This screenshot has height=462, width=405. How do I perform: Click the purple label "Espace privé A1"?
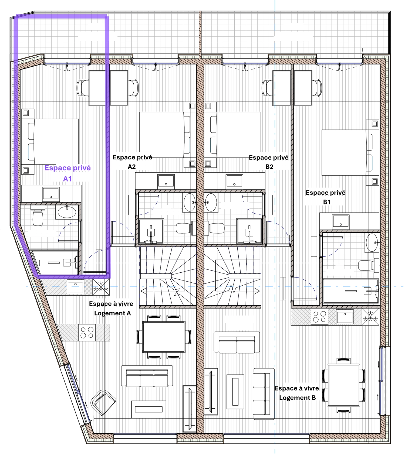(x=67, y=173)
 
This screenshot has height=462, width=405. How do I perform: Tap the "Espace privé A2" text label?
(x=132, y=162)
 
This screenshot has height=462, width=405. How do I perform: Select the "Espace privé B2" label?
(x=269, y=162)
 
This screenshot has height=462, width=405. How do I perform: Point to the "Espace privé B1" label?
(x=326, y=197)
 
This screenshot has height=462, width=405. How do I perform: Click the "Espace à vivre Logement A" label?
(x=111, y=308)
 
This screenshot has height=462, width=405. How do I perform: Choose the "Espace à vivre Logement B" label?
(x=297, y=393)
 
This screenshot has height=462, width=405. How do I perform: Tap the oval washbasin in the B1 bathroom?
(x=372, y=242)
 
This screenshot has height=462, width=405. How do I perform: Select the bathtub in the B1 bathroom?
(x=351, y=291)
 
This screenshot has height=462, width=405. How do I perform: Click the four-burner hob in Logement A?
(x=87, y=333)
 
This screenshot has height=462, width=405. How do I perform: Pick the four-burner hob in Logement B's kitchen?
(x=319, y=317)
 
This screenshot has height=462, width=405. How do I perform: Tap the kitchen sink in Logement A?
(x=76, y=286)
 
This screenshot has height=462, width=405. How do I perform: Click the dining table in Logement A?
(x=164, y=337)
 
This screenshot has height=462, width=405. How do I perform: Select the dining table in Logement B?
(x=343, y=385)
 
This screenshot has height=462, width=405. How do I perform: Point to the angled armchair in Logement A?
(x=103, y=402)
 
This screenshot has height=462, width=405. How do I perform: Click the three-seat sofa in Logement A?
(x=147, y=376)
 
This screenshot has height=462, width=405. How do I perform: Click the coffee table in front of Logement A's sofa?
(x=149, y=409)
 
